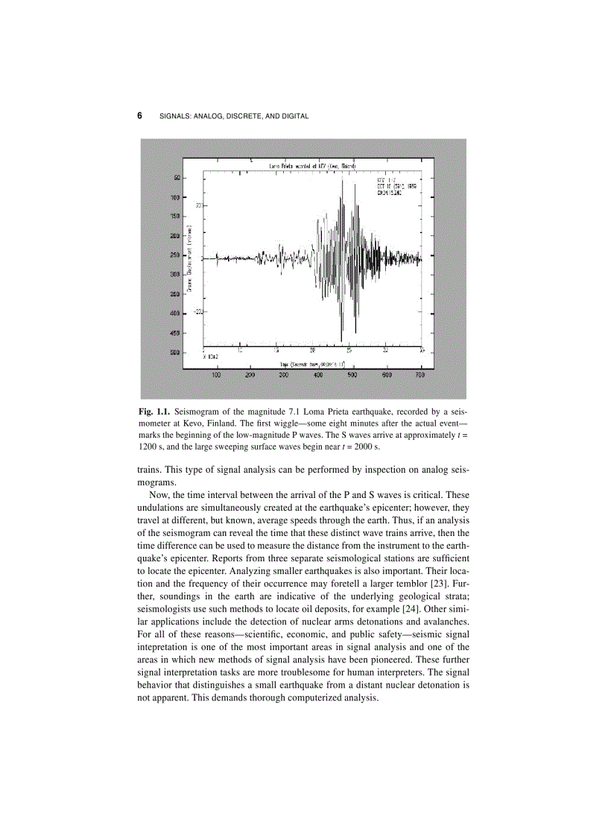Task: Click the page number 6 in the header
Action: tap(140, 116)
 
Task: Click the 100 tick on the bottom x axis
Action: tap(217, 375)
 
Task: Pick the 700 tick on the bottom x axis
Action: tap(420, 375)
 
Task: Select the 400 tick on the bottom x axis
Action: tap(319, 375)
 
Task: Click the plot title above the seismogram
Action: tap(311, 165)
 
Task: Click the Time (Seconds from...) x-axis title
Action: tap(312, 363)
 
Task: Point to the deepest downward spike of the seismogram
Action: tap(341, 339)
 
